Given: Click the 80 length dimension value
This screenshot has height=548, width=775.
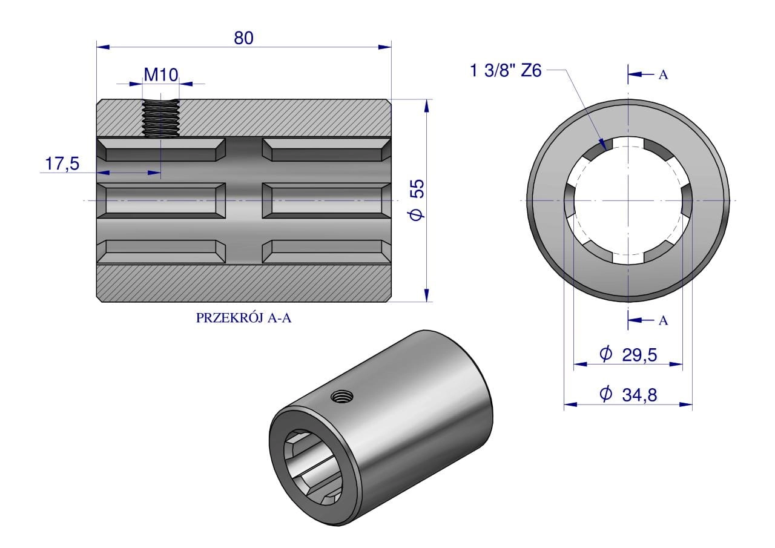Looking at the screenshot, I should tap(243, 38).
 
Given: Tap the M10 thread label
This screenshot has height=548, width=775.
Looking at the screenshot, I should tap(160, 74).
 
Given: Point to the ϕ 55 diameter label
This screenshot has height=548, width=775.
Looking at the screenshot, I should tap(417, 199).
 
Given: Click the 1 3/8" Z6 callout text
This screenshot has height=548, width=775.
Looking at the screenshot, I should tap(505, 71).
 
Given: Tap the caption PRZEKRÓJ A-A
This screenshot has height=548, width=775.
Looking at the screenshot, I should tap(244, 319).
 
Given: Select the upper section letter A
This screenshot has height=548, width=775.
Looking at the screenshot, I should tap(663, 75).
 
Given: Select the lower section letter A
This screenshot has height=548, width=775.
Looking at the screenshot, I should tap(663, 321).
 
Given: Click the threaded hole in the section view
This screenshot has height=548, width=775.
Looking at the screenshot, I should tap(160, 118).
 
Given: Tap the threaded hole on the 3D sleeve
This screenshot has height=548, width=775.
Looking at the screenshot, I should tap(341, 397).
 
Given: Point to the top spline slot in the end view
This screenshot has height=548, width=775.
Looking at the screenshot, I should tap(628, 142).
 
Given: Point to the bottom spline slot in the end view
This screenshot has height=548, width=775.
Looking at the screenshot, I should tap(628, 257).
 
